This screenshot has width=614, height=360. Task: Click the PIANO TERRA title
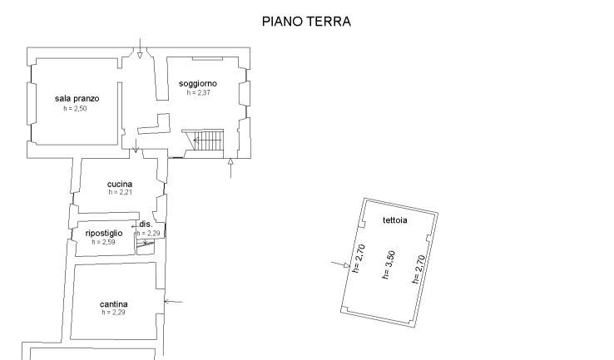[x=306, y=21]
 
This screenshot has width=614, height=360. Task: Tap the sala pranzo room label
[x=77, y=99]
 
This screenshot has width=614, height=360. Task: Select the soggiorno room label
[x=198, y=83]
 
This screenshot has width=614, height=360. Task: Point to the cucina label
[x=120, y=184]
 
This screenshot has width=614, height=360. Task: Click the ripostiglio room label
[x=104, y=234]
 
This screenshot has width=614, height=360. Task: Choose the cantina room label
[x=113, y=304]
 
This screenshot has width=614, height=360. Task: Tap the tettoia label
[x=394, y=220]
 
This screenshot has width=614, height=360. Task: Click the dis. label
[x=146, y=224]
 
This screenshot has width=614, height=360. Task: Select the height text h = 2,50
[x=75, y=109]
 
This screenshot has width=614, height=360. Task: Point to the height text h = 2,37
[x=199, y=93]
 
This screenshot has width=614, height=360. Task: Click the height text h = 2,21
[x=120, y=192]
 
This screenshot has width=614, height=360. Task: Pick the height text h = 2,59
[x=103, y=242]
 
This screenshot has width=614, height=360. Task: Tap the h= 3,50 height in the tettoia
[x=389, y=265]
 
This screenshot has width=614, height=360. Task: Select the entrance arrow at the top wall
[x=140, y=48]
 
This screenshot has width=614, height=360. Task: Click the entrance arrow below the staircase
[x=230, y=168]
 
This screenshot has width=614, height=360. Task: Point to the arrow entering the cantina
[x=174, y=302]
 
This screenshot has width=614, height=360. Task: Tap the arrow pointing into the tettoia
[x=340, y=264]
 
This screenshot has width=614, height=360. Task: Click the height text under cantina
[x=113, y=313]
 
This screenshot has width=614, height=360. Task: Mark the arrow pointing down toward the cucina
[x=136, y=145]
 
